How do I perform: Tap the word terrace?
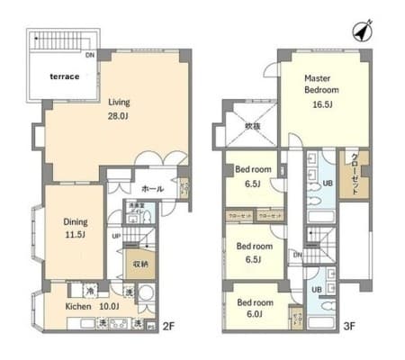tap(64, 77)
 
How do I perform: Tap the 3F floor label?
tap(349, 326)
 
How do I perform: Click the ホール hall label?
tap(151, 189)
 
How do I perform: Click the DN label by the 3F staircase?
tap(298, 255)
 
